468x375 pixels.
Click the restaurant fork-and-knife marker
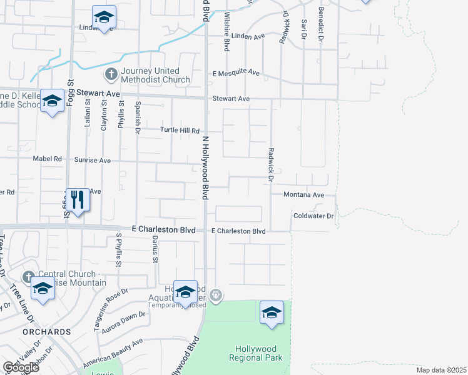click(77, 201)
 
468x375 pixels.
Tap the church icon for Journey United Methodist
click(111, 75)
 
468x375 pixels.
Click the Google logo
click(21, 367)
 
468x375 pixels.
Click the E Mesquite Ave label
click(236, 72)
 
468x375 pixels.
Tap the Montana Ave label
click(303, 195)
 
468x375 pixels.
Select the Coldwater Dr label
click(313, 216)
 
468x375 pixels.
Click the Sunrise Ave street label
click(93, 161)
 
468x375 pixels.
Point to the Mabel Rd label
click(49, 159)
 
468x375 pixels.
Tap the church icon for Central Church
click(28, 276)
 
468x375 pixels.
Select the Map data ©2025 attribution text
click(441, 370)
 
